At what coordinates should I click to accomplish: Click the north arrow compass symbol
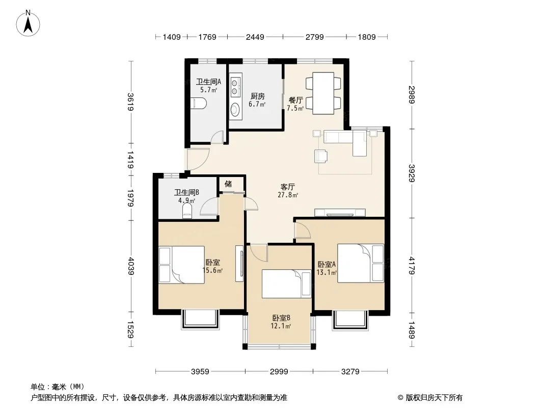28,23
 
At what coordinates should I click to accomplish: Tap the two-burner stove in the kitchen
235,87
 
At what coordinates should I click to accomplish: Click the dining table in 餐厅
323,93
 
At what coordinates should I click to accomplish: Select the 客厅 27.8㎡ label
288,191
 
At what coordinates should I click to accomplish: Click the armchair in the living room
321,156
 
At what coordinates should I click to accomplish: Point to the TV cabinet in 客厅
340,213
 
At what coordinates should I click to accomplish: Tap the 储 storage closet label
228,184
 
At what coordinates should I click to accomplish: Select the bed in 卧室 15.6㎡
181,265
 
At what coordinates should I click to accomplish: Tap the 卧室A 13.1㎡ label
327,268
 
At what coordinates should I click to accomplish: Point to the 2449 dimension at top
255,37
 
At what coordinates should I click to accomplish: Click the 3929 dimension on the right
412,173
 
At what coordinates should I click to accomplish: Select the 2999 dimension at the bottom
279,372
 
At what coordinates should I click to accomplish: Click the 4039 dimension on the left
130,266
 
